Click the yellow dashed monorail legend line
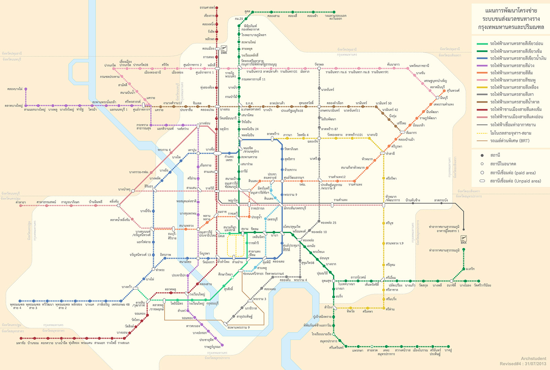pyautogui.click(x=482, y=133)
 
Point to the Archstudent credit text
pyautogui.click(x=533, y=359)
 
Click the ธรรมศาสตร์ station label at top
pyautogui.click(x=207, y=8)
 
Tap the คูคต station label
pyautogui.click(x=247, y=12)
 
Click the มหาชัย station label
pyautogui.click(x=21, y=343)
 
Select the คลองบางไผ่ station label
pyautogui.click(x=15, y=89)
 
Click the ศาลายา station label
pyautogui.click(x=21, y=202)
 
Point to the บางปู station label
pyautogui.click(x=448, y=350)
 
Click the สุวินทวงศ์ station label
pyautogui.click(x=453, y=90)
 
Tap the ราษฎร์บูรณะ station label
pyautogui.click(x=212, y=347)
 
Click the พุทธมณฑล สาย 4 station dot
pyautogui.click(x=20, y=301)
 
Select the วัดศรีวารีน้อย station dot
pyautogui.click(x=479, y=281)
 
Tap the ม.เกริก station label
pyautogui.click(x=470, y=269)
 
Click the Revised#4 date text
pyautogui.click(x=522, y=364)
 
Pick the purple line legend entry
pyautogui.click(x=512, y=65)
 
